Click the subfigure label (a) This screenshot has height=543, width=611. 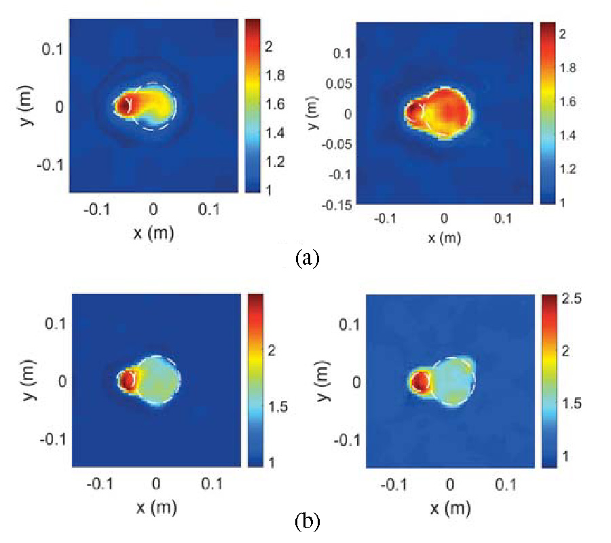[307, 259]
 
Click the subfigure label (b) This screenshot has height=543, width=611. [307, 522]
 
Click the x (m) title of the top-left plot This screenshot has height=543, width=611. [153, 234]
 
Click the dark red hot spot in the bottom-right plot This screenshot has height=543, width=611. [422, 381]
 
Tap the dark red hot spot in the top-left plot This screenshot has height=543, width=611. [123, 105]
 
